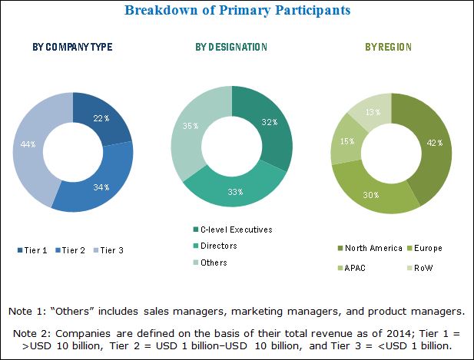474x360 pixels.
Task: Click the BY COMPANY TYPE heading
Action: click(x=73, y=48)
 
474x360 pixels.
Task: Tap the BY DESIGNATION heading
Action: click(x=231, y=48)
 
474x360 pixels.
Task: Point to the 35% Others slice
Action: click(x=195, y=127)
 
